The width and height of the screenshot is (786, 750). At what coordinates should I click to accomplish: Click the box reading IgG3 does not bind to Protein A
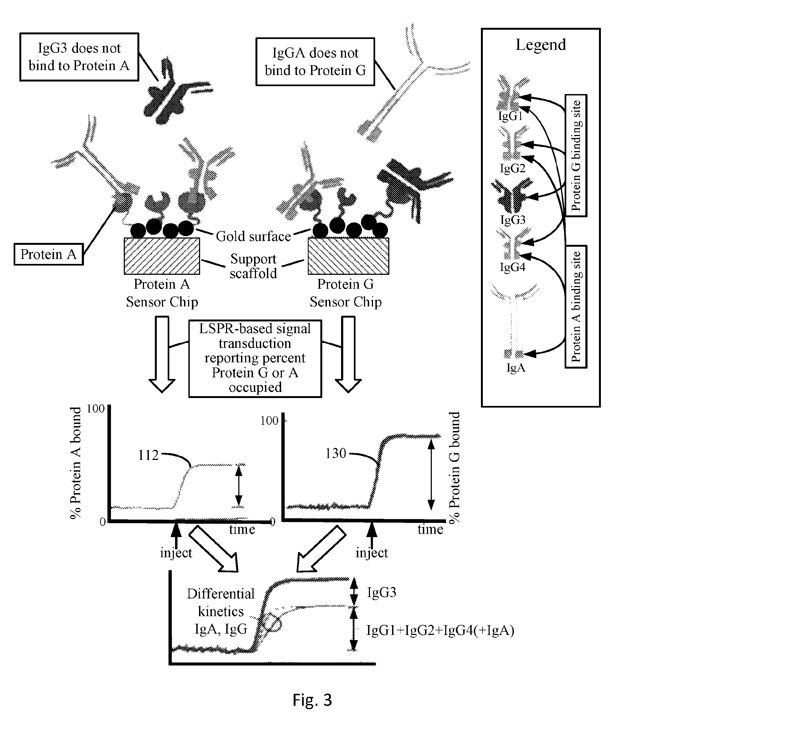[79, 57]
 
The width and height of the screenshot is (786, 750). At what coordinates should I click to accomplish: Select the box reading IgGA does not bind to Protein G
[315, 62]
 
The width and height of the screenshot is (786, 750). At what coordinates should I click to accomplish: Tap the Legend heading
[541, 44]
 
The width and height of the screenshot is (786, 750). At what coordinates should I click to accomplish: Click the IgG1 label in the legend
[510, 116]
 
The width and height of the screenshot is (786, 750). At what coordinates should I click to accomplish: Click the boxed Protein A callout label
[48, 254]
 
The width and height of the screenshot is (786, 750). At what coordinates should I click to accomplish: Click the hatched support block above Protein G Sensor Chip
[348, 256]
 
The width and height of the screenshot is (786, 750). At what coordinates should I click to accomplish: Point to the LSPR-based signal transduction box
[255, 358]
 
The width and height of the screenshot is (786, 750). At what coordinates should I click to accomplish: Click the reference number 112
[148, 455]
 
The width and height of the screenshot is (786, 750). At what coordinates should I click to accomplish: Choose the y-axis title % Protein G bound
[454, 467]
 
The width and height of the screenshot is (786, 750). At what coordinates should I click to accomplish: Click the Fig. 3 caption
[312, 700]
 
